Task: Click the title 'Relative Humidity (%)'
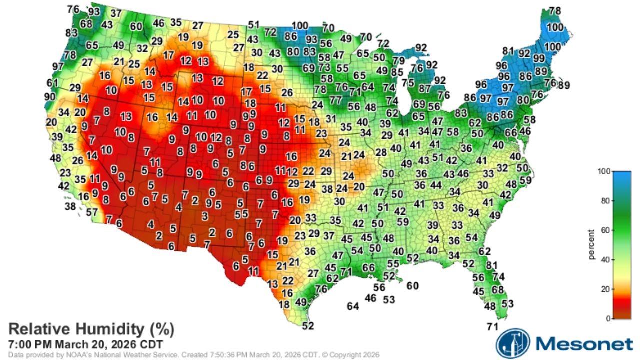[91, 329]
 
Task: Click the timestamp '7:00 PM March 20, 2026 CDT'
[85, 344]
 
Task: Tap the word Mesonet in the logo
[584, 344]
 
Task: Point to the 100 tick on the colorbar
[604, 171]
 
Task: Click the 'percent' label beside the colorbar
[592, 245]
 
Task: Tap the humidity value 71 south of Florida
[493, 327]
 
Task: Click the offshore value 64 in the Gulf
[353, 306]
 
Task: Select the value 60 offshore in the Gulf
[412, 286]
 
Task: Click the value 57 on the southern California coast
[92, 212]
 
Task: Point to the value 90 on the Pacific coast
[50, 96]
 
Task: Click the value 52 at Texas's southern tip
[308, 326]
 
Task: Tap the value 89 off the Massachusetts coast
[564, 85]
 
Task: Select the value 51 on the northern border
[254, 25]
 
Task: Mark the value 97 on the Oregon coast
[58, 66]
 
